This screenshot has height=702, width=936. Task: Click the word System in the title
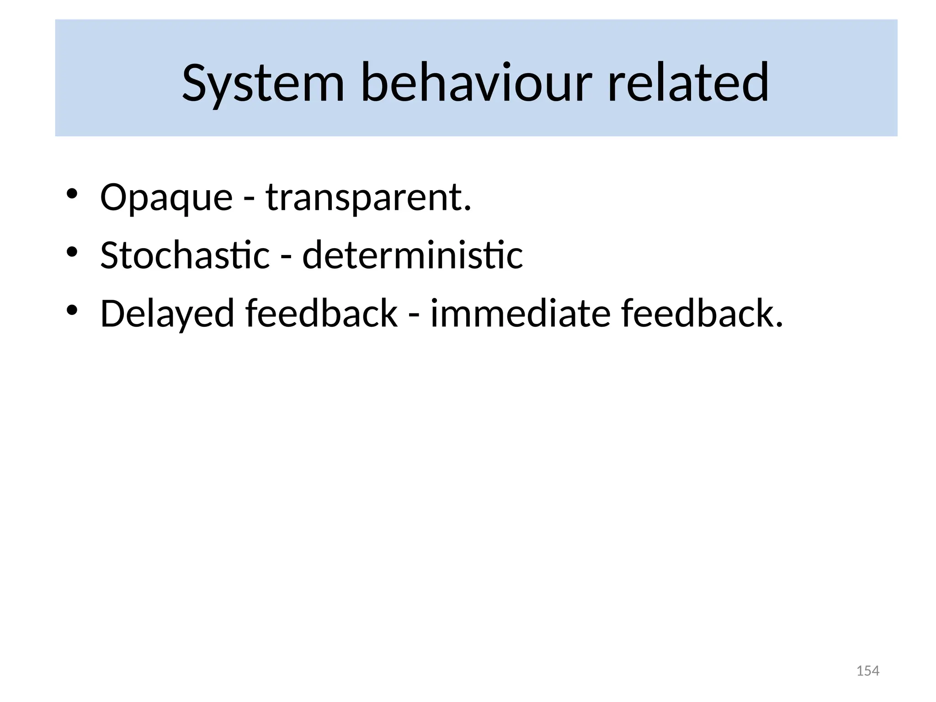(263, 84)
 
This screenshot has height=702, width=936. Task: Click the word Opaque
(166, 197)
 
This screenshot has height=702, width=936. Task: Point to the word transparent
(364, 197)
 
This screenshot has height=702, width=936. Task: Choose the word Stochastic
(185, 255)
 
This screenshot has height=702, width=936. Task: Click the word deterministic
(412, 255)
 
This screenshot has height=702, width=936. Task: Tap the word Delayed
(167, 314)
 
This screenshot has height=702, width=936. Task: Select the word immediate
(520, 314)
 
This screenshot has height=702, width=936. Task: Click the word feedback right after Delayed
(321, 314)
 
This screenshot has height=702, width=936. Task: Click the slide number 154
(867, 671)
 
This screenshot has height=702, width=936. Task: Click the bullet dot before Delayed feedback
(73, 310)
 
